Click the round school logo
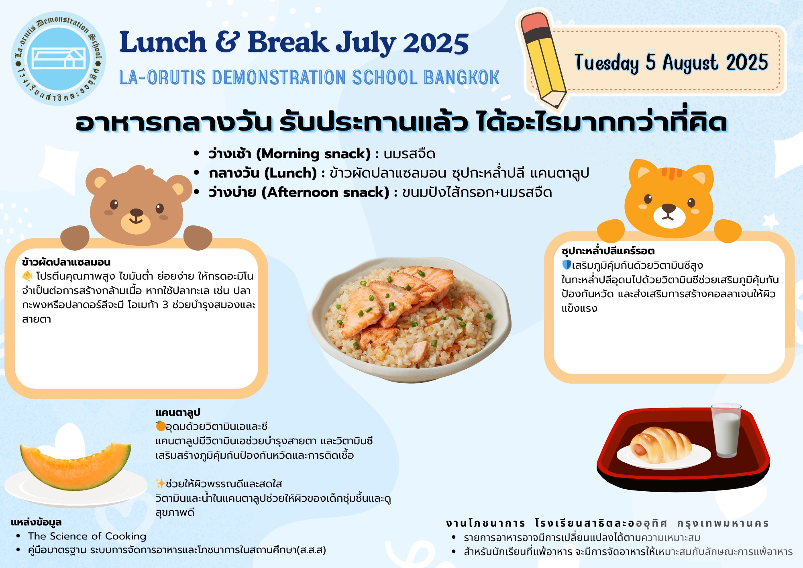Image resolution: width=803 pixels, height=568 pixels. tap(59, 59)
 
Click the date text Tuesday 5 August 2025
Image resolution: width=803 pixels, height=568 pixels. tap(671, 63)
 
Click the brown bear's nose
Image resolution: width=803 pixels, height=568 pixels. tap(136, 212)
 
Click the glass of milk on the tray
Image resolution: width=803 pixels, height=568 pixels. tap(726, 430)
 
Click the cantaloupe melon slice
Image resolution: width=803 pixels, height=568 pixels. tap(75, 466)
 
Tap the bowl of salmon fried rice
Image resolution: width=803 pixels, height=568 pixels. tap(410, 320)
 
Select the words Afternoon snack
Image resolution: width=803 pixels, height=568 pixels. tap(326, 192)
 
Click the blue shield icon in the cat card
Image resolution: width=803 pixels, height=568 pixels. tap(567, 265)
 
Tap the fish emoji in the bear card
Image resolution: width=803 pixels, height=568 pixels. tap(27, 276)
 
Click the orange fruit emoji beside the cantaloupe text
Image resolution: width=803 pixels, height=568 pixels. tap(160, 426)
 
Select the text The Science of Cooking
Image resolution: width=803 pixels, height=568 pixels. tap(87, 536)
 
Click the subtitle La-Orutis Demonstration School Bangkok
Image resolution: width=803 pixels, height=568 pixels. tap(309, 78)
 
